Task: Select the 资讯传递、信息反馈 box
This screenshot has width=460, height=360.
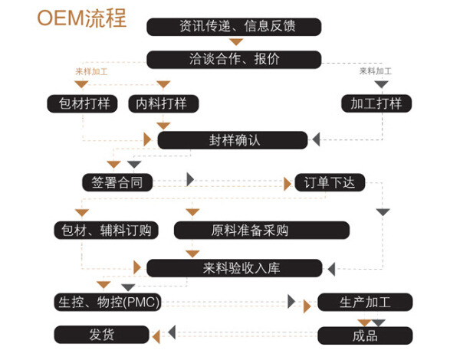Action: click(235, 27)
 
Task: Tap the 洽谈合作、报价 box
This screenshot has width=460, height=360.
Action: click(234, 59)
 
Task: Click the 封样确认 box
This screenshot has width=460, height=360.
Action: click(233, 140)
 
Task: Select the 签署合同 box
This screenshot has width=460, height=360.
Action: click(117, 182)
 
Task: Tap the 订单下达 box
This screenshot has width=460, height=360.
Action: click(330, 182)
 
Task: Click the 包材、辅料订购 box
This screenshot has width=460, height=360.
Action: click(107, 229)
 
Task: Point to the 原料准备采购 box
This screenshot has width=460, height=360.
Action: click(261, 229)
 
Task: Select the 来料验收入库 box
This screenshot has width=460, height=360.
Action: click(234, 268)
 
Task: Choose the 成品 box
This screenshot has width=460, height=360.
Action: click(365, 335)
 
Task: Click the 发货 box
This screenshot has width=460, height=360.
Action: click(100, 335)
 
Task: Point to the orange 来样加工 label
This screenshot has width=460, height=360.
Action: click(91, 72)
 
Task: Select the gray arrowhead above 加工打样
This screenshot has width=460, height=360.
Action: click(381, 84)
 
